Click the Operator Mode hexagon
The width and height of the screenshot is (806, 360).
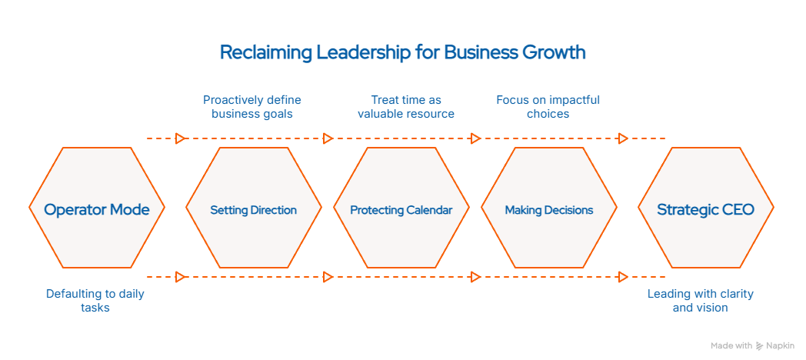(97, 209)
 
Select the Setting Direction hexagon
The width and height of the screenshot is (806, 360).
(254, 209)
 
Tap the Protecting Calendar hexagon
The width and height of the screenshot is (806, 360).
(401, 209)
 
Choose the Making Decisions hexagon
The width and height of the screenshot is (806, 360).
(549, 209)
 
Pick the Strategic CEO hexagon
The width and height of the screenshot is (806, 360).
(705, 209)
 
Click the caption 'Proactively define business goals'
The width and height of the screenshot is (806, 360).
(252, 107)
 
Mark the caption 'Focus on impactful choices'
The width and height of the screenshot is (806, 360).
(548, 107)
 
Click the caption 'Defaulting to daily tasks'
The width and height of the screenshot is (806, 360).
(95, 301)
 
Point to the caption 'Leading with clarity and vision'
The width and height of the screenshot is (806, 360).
(700, 301)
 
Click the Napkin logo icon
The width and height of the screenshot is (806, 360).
(760, 346)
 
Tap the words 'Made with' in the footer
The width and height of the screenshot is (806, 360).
(731, 346)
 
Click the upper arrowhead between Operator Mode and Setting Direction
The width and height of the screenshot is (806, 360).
(181, 138)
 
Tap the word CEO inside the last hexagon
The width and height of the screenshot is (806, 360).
(738, 209)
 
